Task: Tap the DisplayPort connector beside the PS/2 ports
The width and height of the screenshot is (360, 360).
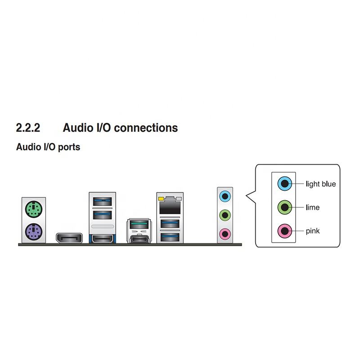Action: (x=69, y=238)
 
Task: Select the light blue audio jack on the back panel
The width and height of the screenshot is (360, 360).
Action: (x=224, y=196)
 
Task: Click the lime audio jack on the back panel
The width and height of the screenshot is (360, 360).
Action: (x=224, y=215)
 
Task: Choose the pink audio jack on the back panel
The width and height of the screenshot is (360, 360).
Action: (x=224, y=233)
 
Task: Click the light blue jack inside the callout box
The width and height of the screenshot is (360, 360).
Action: (x=283, y=183)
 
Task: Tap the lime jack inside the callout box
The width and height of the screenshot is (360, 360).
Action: (x=283, y=207)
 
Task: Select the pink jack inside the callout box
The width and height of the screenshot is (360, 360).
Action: (x=283, y=231)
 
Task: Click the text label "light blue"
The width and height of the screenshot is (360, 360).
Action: (x=320, y=184)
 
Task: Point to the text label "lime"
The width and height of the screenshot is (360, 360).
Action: (x=312, y=207)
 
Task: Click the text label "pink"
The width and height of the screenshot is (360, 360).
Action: (x=313, y=231)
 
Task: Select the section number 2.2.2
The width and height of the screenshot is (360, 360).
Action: (x=28, y=128)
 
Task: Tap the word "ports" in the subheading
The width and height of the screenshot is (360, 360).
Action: (x=69, y=147)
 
